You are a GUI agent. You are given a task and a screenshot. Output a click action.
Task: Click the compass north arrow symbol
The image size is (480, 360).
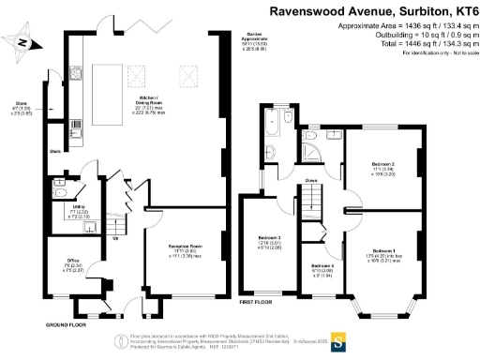point(25,42)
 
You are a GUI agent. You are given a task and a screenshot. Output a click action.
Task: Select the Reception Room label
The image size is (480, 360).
point(185,249)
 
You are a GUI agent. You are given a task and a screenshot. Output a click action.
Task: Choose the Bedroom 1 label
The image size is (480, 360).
point(382,253)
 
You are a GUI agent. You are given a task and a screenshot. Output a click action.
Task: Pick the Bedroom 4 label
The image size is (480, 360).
point(322,269)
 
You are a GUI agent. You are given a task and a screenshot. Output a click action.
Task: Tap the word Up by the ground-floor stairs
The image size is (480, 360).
point(114,237)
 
